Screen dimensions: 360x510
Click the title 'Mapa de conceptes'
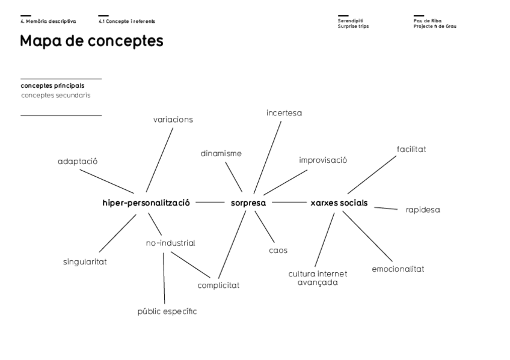click(x=91, y=41)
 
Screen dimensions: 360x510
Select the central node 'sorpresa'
click(x=248, y=203)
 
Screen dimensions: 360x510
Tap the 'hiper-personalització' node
click(x=146, y=203)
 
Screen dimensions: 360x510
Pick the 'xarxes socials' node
click(x=339, y=203)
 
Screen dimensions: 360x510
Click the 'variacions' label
click(x=173, y=119)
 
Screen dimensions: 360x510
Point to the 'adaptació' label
click(x=78, y=161)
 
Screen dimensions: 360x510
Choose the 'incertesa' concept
click(x=284, y=112)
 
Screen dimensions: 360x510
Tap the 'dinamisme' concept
click(x=221, y=153)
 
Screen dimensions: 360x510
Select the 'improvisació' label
click(x=323, y=160)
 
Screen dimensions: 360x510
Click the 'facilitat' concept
click(x=411, y=148)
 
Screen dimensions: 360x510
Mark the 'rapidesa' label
click(x=423, y=210)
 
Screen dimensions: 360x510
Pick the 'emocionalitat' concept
click(x=398, y=269)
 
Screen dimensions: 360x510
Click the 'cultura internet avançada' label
click(x=318, y=278)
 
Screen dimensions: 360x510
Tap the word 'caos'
click(x=278, y=250)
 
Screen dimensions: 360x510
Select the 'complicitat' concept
click(x=218, y=285)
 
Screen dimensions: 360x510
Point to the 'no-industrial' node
click(x=170, y=243)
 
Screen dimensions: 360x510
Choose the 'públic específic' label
click(x=167, y=311)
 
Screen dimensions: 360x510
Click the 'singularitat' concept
click(x=85, y=261)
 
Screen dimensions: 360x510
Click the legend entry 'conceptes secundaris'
click(x=56, y=95)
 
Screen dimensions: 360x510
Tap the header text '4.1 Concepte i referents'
click(x=127, y=21)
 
